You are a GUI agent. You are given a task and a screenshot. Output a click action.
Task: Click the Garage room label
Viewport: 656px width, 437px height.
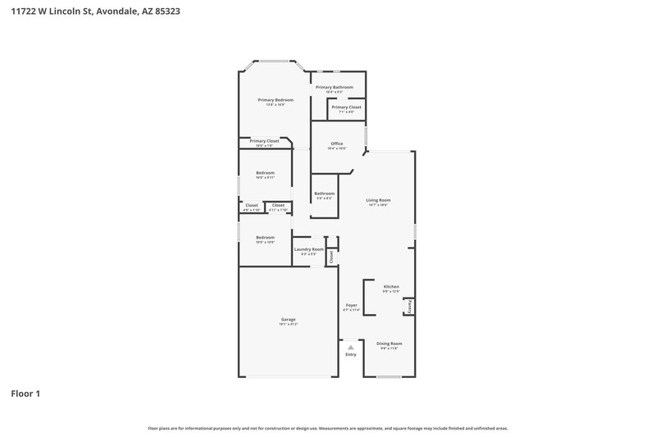click(288, 319)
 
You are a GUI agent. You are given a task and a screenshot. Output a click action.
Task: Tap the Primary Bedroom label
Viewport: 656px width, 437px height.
click(275, 100)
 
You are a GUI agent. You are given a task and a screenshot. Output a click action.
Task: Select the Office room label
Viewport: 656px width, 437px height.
click(336, 143)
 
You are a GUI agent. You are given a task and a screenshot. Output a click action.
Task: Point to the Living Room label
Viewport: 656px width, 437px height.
click(377, 200)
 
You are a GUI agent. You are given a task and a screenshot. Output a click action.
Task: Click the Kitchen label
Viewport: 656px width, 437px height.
click(390, 287)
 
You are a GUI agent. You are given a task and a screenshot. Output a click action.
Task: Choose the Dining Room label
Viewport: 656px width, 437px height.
click(389, 344)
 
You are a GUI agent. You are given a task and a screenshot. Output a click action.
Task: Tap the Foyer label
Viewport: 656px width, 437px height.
click(351, 305)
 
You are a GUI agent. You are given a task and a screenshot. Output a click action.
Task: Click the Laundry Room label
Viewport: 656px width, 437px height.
click(308, 249)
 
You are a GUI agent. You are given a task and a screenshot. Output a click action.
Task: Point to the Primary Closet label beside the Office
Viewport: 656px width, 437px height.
click(346, 107)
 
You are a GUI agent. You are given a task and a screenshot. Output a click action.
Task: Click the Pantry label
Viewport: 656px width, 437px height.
click(409, 307)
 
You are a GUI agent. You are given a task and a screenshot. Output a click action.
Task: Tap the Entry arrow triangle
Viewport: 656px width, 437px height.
click(351, 348)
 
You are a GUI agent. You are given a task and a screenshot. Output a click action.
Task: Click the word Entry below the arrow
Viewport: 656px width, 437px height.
click(351, 354)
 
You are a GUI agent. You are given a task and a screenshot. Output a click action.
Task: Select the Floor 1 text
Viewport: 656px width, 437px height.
click(25, 394)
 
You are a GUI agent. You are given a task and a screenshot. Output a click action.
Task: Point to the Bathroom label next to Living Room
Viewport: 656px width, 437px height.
click(324, 193)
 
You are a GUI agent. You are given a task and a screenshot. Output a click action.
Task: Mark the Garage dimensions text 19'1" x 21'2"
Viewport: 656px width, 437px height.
click(288, 323)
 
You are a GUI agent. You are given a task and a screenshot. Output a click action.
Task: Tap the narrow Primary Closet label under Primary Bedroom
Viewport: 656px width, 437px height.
click(264, 141)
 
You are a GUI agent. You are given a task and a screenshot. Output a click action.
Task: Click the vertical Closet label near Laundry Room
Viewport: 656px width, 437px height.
click(331, 257)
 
